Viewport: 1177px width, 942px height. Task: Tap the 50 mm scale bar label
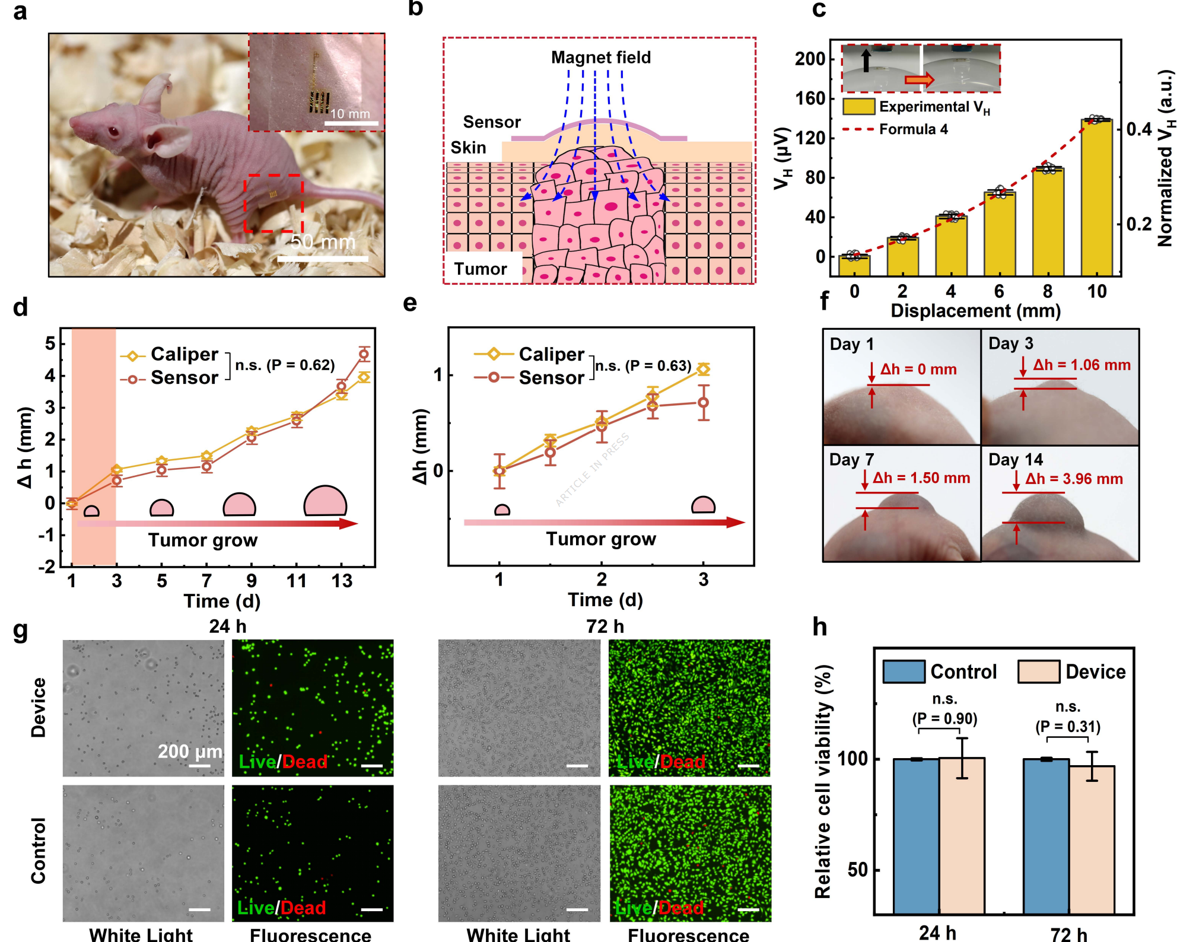[x=323, y=242]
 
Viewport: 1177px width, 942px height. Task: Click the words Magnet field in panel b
[x=600, y=58]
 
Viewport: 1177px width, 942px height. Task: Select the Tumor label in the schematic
[x=481, y=269]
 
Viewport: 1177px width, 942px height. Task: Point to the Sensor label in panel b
[x=492, y=122]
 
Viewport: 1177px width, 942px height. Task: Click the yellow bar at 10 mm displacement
[x=1096, y=198]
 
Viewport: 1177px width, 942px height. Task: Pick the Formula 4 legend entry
[x=913, y=129]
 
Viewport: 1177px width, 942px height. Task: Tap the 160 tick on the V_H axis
[x=810, y=98]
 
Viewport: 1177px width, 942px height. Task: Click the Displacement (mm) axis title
[x=975, y=311]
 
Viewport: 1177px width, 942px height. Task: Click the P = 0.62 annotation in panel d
[x=285, y=365]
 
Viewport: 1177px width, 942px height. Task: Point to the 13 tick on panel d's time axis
[x=342, y=581]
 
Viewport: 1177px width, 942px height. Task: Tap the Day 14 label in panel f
[x=1016, y=460]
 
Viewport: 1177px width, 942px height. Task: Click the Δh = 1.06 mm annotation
[x=1081, y=365]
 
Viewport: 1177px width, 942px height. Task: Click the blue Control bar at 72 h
[x=1046, y=836]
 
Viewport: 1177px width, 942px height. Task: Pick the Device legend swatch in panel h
[x=1038, y=672]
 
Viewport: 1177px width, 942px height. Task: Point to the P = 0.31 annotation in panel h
[x=1067, y=727]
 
